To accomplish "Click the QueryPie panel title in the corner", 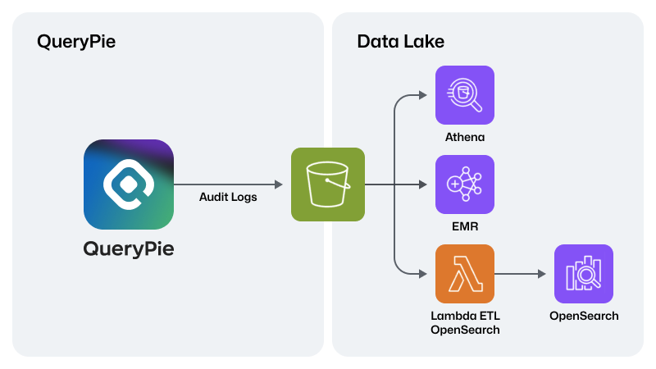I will tap(76, 42).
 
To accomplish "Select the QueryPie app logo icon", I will tap(129, 184).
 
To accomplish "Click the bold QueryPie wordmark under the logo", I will tap(129, 249).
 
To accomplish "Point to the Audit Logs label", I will tap(228, 197).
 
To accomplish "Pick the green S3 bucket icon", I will tap(328, 184).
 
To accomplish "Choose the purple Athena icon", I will tap(465, 95).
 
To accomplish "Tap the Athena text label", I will tap(465, 137).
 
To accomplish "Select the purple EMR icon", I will tap(465, 184).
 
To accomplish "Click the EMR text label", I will tap(465, 226).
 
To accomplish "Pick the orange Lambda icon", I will tap(465, 274).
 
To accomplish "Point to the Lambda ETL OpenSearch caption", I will tap(465, 322).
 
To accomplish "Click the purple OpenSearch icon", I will tap(584, 274).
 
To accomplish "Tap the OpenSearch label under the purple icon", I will tap(584, 316).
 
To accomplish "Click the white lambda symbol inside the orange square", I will tap(465, 275).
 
